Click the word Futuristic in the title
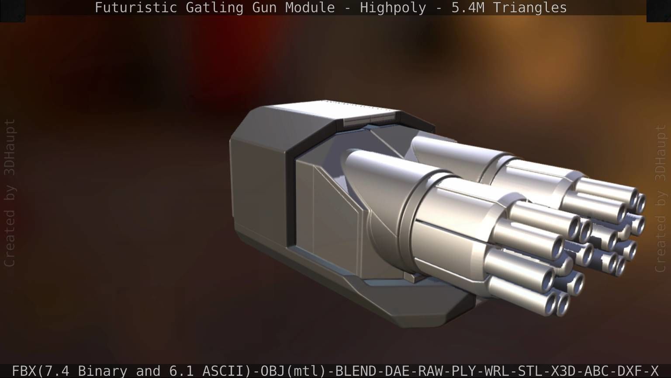pos(135,7)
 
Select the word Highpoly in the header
pos(393,7)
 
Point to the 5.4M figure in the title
pos(467,7)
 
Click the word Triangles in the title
pos(529,7)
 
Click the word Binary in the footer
pos(102,371)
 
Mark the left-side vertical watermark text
pos(9,192)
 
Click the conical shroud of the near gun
pos(380,175)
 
